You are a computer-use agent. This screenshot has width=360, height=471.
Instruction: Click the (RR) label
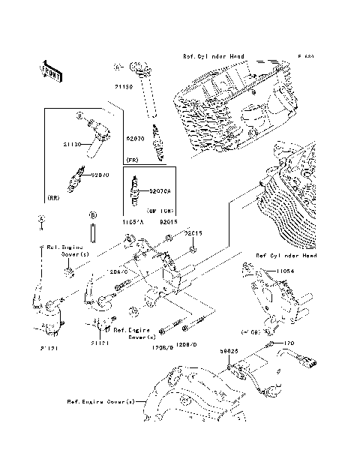tap(53, 198)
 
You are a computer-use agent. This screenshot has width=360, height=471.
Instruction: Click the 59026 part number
tap(229, 349)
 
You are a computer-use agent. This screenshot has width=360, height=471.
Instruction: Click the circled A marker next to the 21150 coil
tap(118, 67)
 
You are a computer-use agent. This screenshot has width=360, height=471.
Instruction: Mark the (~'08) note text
tap(250, 331)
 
